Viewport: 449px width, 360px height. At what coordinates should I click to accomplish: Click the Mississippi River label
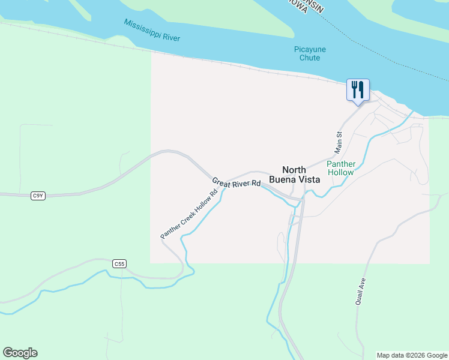tap(152, 30)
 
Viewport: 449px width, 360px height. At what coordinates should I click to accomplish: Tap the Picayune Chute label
tap(310, 53)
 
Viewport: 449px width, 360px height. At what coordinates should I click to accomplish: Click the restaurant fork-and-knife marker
tap(358, 90)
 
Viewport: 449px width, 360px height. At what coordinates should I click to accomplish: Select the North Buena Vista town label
tap(294, 174)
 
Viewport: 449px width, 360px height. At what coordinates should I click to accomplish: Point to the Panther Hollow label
tap(341, 168)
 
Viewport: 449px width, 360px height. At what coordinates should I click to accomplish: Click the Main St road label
tap(338, 142)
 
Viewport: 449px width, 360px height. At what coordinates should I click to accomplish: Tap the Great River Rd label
tap(237, 182)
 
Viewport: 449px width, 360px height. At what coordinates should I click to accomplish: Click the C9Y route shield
tap(38, 196)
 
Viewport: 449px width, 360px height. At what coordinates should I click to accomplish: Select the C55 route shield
tap(119, 263)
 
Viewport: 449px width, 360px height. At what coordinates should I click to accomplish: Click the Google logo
tap(20, 353)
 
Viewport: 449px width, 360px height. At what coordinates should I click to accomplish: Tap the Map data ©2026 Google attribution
tap(412, 355)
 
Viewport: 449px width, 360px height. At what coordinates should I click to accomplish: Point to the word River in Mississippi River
tap(170, 35)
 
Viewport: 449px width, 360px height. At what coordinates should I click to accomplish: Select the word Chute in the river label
tap(310, 58)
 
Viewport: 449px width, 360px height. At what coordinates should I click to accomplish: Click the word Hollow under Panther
tap(341, 172)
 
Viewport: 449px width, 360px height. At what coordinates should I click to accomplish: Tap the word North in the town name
tap(294, 169)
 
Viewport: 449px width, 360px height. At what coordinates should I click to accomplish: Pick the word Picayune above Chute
tap(310, 49)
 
